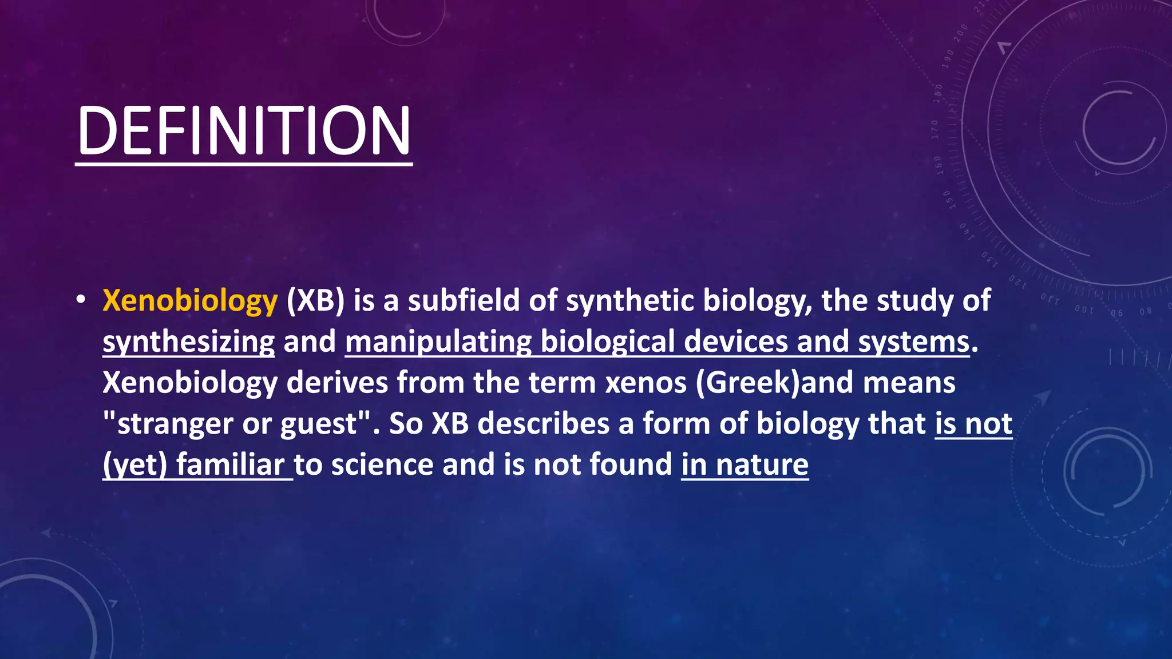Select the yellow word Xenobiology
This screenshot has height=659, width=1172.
(190, 301)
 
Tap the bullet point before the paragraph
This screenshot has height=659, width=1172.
(81, 300)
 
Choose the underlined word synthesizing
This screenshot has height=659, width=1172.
(188, 342)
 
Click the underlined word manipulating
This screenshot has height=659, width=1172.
(438, 342)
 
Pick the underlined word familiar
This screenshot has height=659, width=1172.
(230, 465)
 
